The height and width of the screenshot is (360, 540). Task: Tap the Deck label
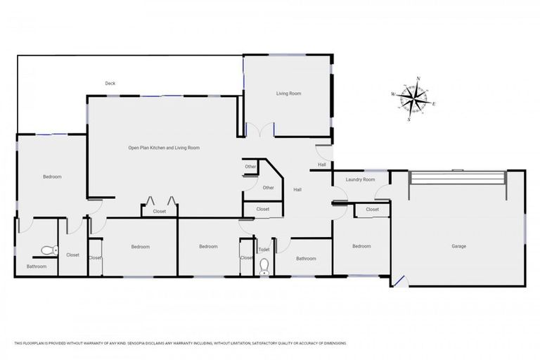point(110,84)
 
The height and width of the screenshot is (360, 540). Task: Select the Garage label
point(458,246)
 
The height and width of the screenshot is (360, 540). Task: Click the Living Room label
point(288,93)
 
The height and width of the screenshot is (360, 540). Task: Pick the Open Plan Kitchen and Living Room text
point(164,148)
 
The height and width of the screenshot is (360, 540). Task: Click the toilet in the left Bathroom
point(48,249)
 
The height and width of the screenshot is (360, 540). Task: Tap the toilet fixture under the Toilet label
point(264,266)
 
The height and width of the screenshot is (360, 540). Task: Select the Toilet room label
point(264,250)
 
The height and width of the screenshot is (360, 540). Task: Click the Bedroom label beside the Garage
point(361,246)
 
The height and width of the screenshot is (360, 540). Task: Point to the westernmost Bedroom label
point(52,176)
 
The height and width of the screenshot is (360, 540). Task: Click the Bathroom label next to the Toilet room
point(306,259)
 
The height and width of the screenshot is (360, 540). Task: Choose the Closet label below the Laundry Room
point(372,210)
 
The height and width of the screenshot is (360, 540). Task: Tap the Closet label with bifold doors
point(159,210)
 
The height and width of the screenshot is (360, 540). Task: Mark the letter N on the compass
point(418,79)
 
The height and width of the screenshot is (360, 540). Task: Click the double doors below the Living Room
point(259,130)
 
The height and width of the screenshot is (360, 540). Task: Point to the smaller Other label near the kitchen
point(250,167)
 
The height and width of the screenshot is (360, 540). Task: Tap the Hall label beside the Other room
point(297,190)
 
